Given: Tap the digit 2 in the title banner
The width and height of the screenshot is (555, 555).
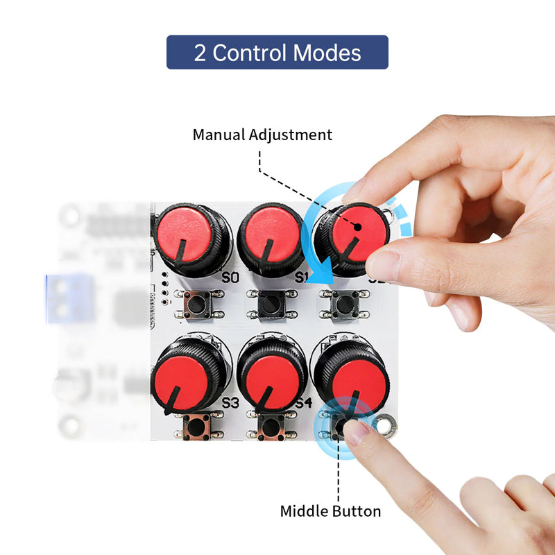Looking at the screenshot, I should pos(200,53).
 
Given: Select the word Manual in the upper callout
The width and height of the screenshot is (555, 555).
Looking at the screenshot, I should pos(219,135).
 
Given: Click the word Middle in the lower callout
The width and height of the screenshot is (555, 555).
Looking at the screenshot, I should pos(304,511).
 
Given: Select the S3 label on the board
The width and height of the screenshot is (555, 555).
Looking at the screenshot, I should pos(230,402).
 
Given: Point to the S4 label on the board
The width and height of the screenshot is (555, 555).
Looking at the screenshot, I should pos(303,402).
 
